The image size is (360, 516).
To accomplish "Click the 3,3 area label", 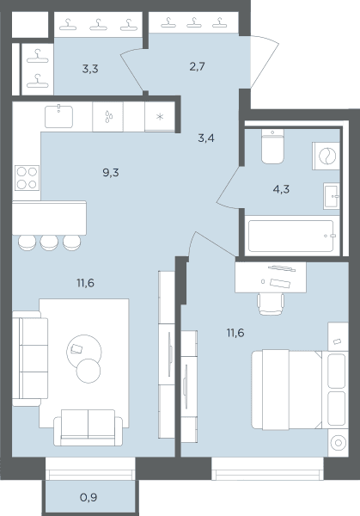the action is click(90, 69).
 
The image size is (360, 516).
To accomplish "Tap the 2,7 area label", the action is click(198, 67).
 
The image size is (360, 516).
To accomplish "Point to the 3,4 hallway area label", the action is click(206, 138).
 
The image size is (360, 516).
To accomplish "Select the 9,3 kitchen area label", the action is click(111, 173).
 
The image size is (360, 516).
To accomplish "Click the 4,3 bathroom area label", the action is click(281, 189).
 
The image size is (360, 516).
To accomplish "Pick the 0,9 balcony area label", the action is click(88, 497).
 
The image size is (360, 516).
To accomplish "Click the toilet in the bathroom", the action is click(272, 146).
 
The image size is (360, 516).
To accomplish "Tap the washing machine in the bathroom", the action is click(326, 156).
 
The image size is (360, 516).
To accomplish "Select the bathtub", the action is click(291, 236).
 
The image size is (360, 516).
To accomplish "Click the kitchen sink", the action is click(58, 116).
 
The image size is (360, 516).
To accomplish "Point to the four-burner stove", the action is click(27, 178).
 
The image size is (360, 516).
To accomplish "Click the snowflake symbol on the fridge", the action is click(160, 116).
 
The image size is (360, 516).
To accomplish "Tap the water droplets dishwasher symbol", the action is click(108, 116).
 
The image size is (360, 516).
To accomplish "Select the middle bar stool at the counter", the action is click(49, 243).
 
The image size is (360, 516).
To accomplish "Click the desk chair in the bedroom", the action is click(271, 304).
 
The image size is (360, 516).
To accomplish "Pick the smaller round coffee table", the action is click(88, 371).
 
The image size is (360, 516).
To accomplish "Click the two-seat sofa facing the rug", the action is click(88, 427).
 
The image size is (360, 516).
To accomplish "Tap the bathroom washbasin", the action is click(332, 196).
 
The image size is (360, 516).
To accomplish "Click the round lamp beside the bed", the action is click(339, 443).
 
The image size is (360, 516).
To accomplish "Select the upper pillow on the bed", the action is click(337, 372).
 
